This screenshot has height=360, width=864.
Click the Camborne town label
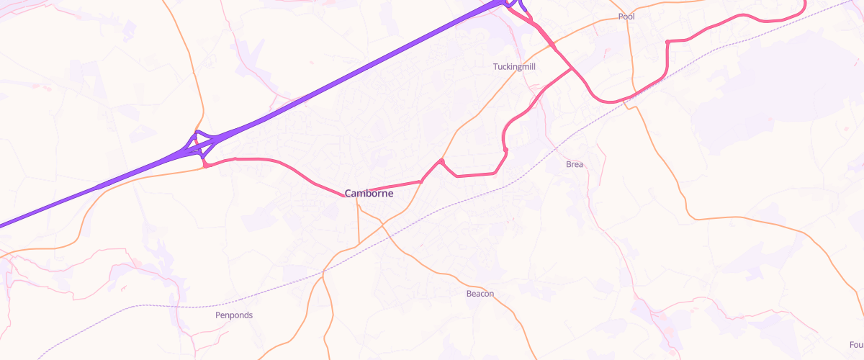click(x=369, y=193)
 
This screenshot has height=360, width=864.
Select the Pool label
click(x=626, y=17)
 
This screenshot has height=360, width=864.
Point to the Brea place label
click(x=575, y=164)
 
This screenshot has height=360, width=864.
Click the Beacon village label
click(x=480, y=294)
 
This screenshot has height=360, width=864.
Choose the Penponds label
click(x=234, y=315)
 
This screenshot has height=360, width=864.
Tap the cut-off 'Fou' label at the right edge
click(x=856, y=343)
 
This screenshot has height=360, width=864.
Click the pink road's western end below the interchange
click(x=206, y=166)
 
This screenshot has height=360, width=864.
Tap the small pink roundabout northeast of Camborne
click(x=441, y=161)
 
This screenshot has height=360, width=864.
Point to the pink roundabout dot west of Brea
click(x=506, y=150)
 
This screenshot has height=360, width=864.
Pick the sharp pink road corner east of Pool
click(x=668, y=42)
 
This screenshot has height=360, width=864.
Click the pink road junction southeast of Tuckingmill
click(x=572, y=70)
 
